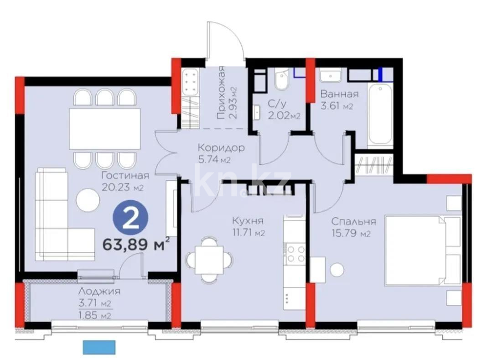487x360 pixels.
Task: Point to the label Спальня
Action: pos(353,222)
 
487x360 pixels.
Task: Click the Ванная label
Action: pos(339,94)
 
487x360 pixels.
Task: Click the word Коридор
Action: pos(221,148)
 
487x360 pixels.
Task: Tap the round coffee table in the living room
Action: pos(88,199)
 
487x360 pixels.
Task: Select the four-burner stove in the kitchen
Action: pos(295,254)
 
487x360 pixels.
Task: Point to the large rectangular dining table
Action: pos(104,128)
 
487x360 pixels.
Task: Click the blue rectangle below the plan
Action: pos(99,348)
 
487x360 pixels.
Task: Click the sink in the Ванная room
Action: pos(327,75)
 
